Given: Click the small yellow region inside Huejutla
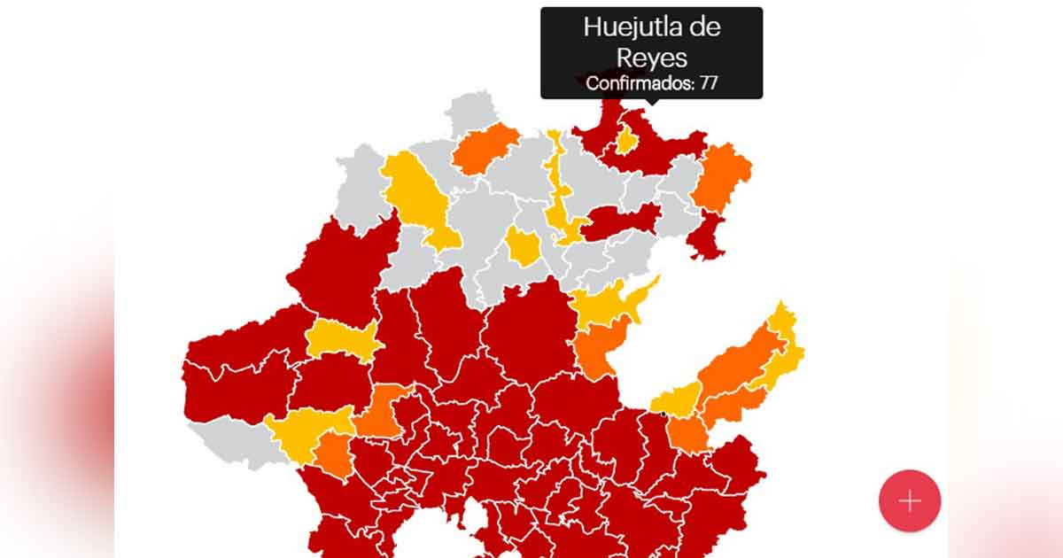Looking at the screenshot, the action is [627, 140].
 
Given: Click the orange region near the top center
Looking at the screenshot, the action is [485, 147].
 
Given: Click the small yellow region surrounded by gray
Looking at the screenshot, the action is [523, 247].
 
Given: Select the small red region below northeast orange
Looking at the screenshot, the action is [706, 236].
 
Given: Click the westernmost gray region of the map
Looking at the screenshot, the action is [361, 190].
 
